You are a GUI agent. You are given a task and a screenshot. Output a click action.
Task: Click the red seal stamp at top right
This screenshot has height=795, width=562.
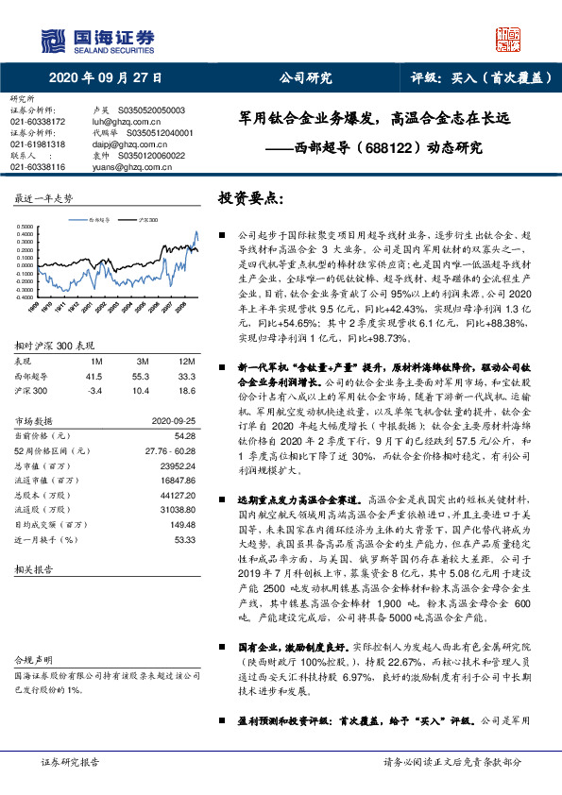[x=511, y=39]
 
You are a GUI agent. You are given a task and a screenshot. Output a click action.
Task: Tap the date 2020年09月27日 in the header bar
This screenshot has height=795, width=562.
[x=105, y=78]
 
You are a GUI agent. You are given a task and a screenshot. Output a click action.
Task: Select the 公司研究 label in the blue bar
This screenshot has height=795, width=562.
[x=305, y=78]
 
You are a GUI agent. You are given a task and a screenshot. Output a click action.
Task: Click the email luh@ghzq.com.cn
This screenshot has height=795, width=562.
[x=121, y=121]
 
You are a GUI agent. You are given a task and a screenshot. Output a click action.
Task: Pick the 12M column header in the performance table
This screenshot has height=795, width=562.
[x=186, y=361]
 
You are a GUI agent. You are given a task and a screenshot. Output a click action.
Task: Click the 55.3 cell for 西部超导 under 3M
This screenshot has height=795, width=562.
[x=144, y=375]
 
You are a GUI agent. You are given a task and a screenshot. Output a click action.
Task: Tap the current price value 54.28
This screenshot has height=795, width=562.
[x=185, y=435]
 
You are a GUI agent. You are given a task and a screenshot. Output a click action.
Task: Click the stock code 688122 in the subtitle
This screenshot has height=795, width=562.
[x=384, y=147]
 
